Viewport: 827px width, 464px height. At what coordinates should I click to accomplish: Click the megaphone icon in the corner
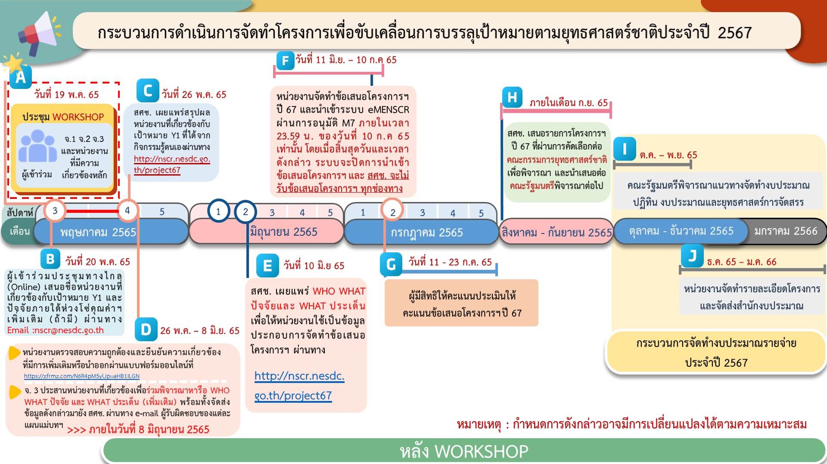click(38, 33)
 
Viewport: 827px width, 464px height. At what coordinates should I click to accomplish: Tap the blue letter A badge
click(20, 77)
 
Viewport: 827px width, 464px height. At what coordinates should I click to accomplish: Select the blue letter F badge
click(285, 61)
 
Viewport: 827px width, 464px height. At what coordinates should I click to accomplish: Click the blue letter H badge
click(512, 97)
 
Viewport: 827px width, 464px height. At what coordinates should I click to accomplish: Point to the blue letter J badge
click(692, 256)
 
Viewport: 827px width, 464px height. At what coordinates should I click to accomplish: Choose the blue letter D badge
click(146, 330)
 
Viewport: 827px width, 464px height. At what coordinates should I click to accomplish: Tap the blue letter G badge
click(391, 264)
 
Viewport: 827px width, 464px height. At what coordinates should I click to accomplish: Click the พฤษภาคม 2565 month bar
click(111, 232)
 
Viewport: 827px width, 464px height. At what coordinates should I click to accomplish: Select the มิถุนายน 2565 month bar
click(267, 232)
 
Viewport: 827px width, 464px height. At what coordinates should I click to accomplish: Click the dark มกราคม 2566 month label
click(786, 231)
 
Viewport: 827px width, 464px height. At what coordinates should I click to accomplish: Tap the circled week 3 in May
click(55, 210)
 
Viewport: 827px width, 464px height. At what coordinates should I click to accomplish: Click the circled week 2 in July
click(392, 211)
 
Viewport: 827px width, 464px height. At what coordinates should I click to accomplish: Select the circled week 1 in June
click(218, 211)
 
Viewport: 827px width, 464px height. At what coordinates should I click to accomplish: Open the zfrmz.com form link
click(82, 376)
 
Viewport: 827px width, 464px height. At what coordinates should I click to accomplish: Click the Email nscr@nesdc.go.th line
click(56, 330)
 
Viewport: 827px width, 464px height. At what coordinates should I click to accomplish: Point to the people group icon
click(37, 146)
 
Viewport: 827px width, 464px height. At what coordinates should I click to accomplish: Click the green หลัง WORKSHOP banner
click(464, 451)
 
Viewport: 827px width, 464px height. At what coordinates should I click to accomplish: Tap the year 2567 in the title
click(734, 33)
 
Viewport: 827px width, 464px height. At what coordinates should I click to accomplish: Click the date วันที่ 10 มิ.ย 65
click(314, 266)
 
